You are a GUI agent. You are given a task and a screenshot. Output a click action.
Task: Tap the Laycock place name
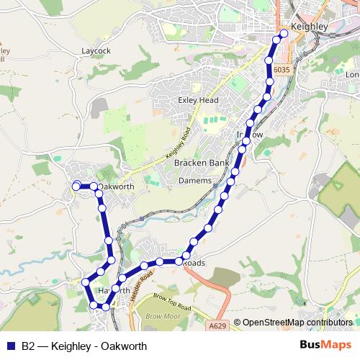tap(96, 52)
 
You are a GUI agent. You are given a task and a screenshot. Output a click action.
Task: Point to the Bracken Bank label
tap(201, 163)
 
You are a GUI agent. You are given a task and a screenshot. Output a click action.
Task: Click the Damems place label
tap(195, 180)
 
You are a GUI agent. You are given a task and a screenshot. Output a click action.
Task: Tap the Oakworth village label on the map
tap(117, 187)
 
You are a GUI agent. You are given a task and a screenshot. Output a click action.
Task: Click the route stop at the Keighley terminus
tap(284, 33)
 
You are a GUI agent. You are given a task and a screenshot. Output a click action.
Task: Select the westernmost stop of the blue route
tap(76, 186)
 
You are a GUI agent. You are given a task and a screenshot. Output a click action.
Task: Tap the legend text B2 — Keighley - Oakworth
tap(84, 346)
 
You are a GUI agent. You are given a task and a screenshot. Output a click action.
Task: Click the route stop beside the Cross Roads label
tap(186, 255)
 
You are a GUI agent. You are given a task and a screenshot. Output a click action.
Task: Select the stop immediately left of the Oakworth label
tap(93, 186)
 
